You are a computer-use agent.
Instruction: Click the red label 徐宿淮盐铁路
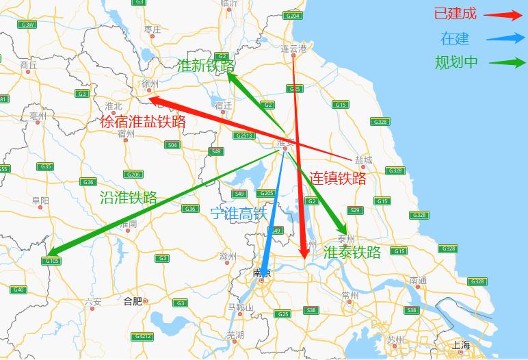143,123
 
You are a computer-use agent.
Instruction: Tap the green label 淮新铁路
205,66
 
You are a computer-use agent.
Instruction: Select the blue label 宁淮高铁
238,214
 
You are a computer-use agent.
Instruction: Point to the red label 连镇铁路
338,179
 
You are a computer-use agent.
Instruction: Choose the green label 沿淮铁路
129,198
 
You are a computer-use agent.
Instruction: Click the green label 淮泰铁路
352,252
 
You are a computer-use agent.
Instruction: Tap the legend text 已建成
455,14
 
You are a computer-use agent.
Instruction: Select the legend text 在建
455,38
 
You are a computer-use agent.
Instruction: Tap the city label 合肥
133,300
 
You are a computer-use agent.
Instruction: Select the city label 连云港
294,49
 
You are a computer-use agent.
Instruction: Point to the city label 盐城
364,159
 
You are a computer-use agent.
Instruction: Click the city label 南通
419,281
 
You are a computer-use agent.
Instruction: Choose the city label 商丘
29,66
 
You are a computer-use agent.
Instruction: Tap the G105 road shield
51,261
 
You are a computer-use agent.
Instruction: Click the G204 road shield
293,15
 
